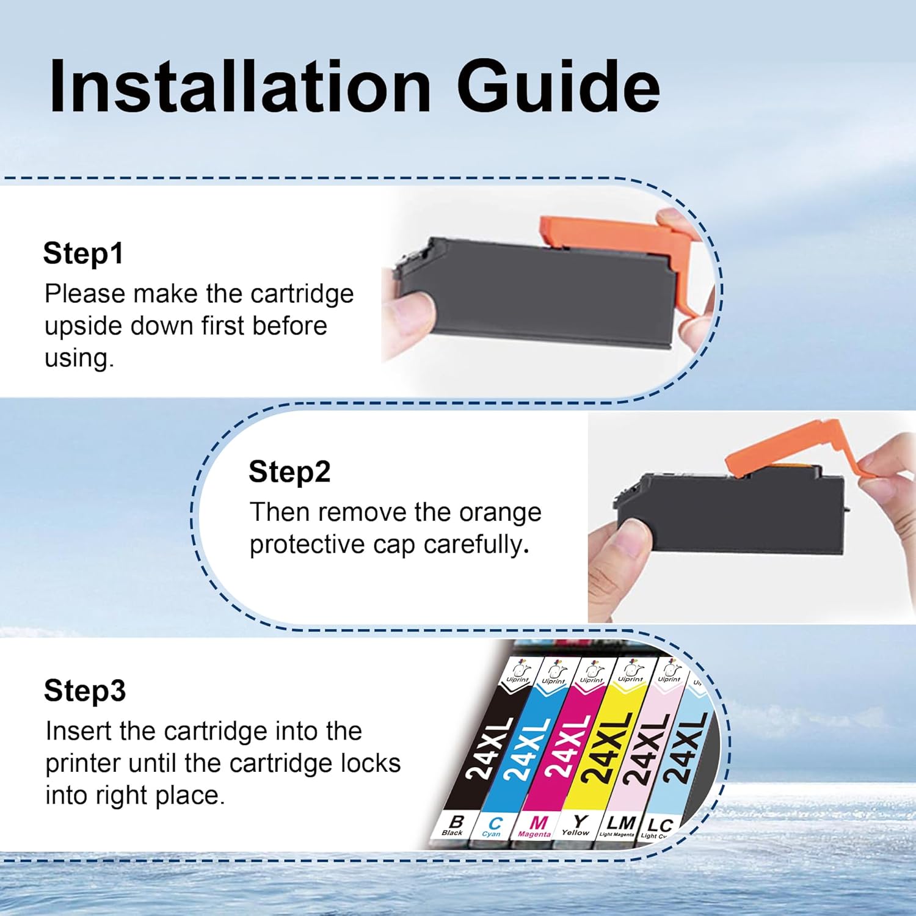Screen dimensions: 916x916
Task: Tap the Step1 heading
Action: (x=84, y=253)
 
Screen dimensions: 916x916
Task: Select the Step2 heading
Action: (x=289, y=472)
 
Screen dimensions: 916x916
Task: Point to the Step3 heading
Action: (x=85, y=691)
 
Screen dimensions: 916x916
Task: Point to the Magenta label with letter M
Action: (x=536, y=827)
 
